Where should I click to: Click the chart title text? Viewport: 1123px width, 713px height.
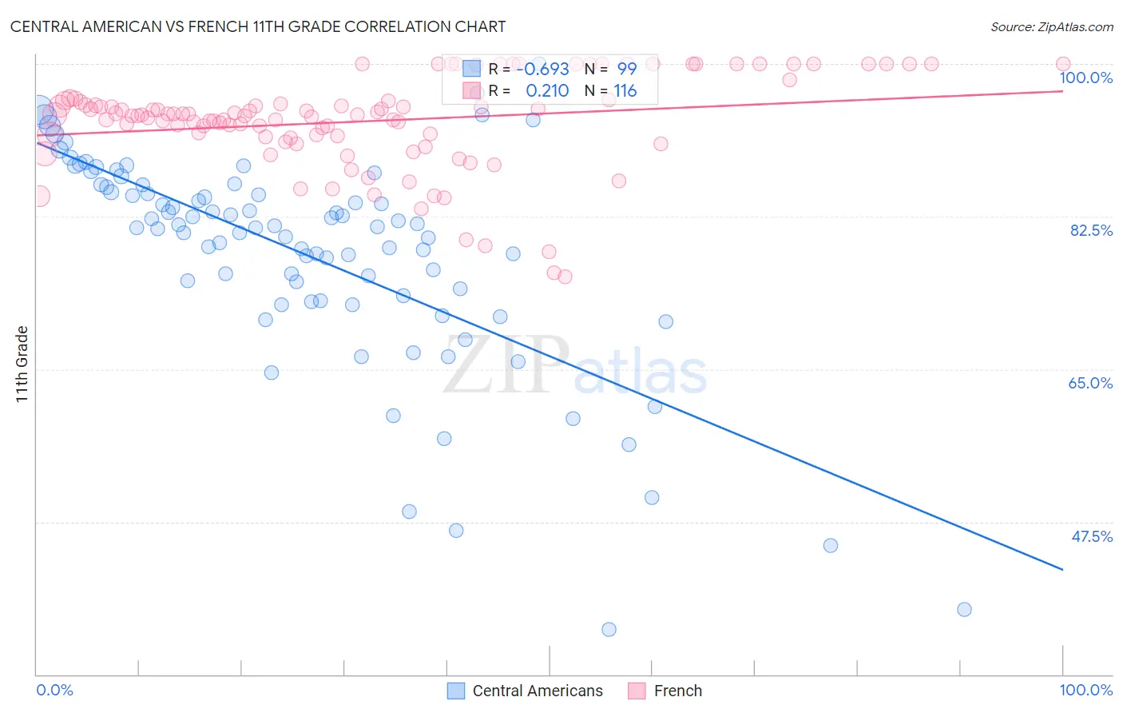click(x=257, y=26)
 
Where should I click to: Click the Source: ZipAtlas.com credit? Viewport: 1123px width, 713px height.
click(x=1051, y=26)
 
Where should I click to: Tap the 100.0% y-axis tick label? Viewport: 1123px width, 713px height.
click(x=1085, y=78)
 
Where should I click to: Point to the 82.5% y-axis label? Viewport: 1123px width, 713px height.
click(x=1091, y=230)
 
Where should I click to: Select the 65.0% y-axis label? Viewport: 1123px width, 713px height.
click(x=1090, y=383)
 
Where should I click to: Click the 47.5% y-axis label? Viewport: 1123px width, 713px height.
click(x=1091, y=536)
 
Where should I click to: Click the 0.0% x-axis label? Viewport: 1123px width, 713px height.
click(x=54, y=690)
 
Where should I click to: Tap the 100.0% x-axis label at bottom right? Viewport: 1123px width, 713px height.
click(x=1085, y=690)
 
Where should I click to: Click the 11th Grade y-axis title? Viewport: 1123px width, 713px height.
click(x=22, y=364)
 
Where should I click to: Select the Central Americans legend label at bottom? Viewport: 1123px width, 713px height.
click(x=538, y=691)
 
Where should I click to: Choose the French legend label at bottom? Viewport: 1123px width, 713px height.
click(x=677, y=691)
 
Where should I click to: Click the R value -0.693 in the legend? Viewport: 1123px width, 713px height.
click(x=543, y=70)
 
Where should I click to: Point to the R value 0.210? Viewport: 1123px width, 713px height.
click(x=547, y=91)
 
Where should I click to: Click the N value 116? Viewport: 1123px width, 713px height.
click(x=625, y=91)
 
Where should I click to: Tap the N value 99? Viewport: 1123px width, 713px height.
click(x=626, y=70)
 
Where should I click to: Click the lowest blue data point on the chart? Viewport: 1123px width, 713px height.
click(x=609, y=629)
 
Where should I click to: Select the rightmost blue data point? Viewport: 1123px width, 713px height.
click(x=964, y=609)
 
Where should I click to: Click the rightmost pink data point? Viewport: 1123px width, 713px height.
click(x=1062, y=64)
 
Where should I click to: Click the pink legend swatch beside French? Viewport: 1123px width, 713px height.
click(x=637, y=691)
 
